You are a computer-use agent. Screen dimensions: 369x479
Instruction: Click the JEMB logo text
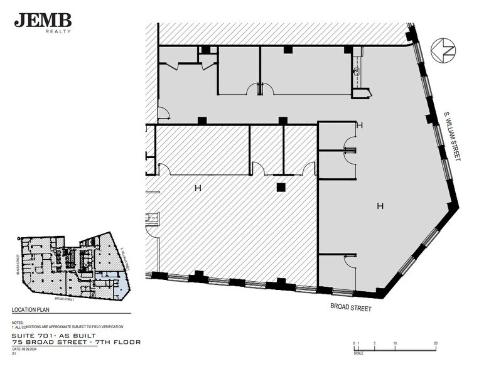tap(42, 20)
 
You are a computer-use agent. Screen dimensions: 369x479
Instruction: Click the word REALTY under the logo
tap(58, 31)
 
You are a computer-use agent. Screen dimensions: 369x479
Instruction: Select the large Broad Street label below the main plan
tap(351, 308)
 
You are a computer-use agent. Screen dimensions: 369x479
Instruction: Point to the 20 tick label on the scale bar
tap(436, 343)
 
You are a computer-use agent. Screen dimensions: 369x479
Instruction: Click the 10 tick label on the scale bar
tap(395, 343)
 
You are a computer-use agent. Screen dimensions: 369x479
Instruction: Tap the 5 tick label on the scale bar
tap(375, 343)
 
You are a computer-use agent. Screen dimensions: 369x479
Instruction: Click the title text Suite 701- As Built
tap(54, 336)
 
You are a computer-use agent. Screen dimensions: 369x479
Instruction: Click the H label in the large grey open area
tap(379, 206)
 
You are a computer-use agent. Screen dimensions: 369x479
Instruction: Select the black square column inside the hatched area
tap(281, 186)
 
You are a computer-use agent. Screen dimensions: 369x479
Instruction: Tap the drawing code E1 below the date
tap(14, 353)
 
